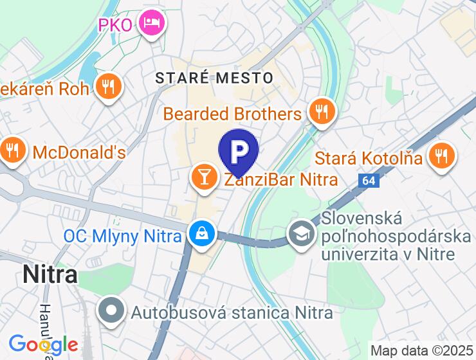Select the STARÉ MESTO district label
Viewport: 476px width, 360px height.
pyautogui.click(x=214, y=78)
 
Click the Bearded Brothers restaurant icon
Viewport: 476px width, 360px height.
pyautogui.click(x=319, y=113)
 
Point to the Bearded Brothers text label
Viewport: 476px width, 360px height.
pyautogui.click(x=232, y=114)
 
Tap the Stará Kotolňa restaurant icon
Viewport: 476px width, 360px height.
pyautogui.click(x=441, y=157)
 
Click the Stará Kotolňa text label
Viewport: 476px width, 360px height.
pyautogui.click(x=369, y=158)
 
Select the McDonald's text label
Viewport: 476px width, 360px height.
pyautogui.click(x=78, y=153)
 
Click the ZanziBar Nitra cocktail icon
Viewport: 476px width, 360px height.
pyautogui.click(x=205, y=179)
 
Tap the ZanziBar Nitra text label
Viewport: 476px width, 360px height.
pyautogui.click(x=280, y=179)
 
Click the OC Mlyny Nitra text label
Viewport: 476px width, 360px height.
pyautogui.click(x=122, y=236)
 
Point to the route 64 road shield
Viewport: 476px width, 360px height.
pyautogui.click(x=368, y=181)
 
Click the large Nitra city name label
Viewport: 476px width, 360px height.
pyautogui.click(x=50, y=274)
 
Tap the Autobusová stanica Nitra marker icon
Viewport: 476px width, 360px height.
pyautogui.click(x=112, y=312)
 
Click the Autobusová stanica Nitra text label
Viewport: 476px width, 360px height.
pyautogui.click(x=232, y=313)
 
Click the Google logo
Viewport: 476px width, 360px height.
pyautogui.click(x=42, y=345)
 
